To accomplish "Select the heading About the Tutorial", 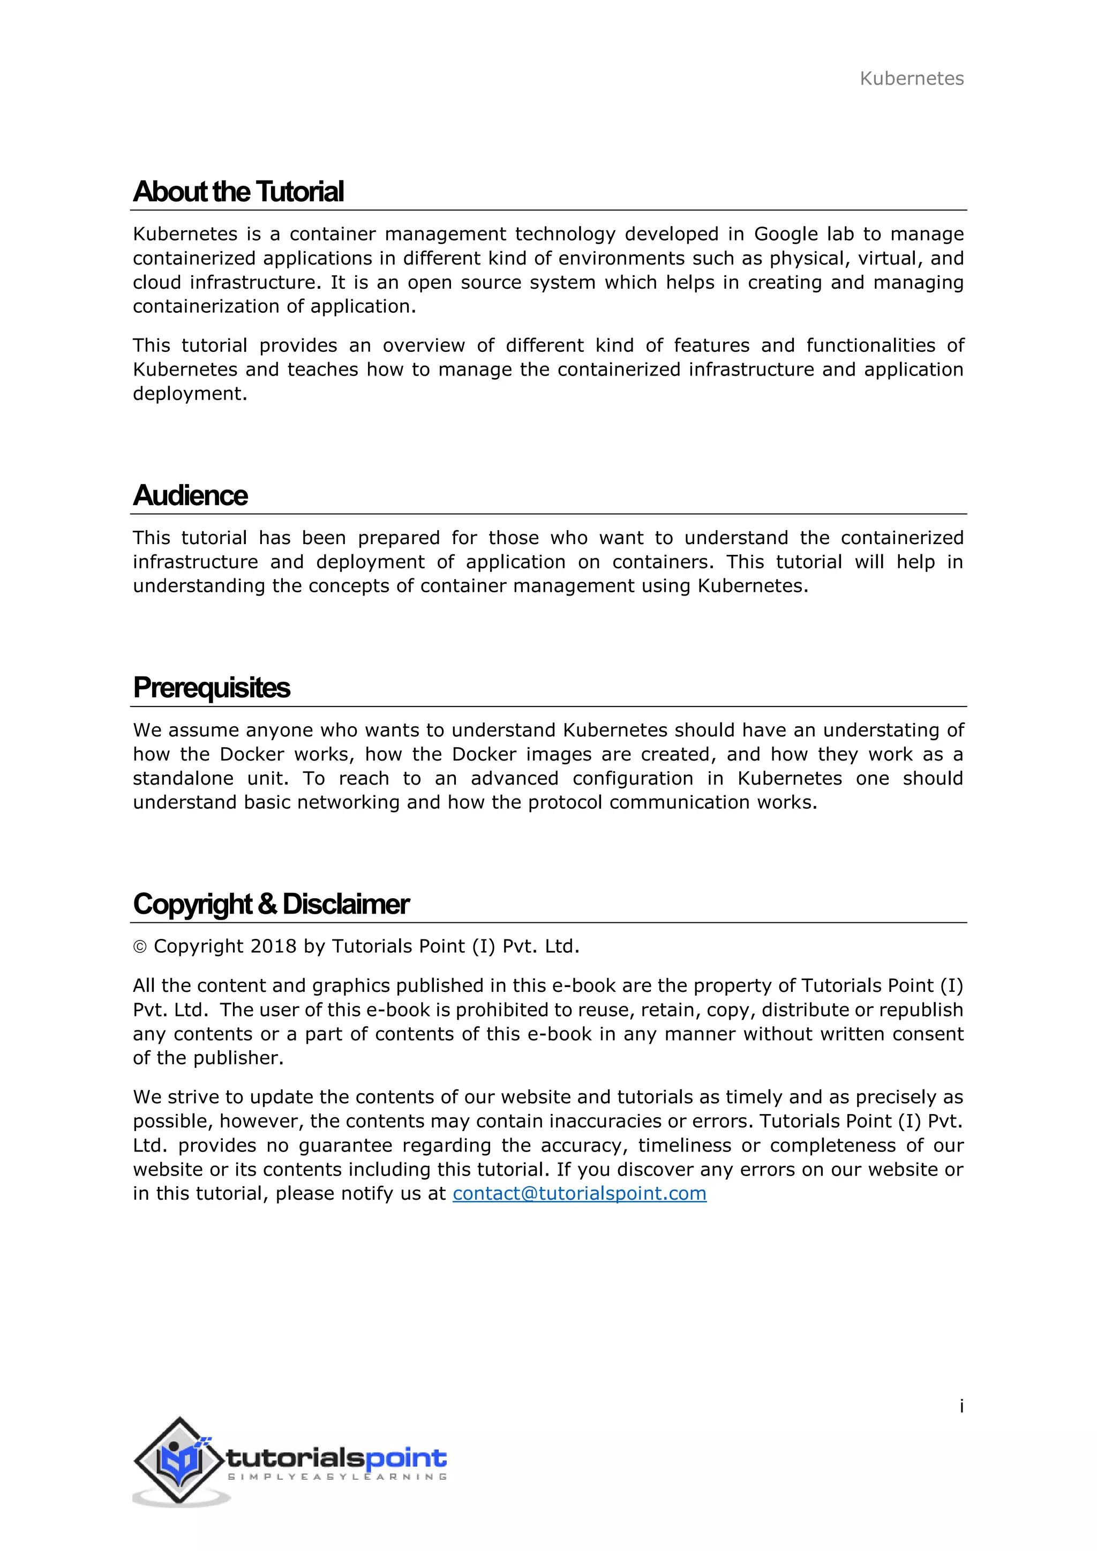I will click(x=238, y=192).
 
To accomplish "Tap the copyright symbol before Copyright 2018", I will click(x=140, y=947).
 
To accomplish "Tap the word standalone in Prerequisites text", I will click(x=182, y=778).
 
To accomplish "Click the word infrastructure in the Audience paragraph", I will click(x=195, y=562).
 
